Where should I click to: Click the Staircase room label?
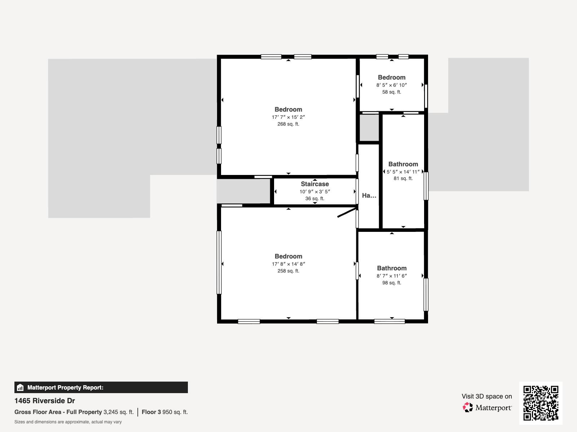point(315,184)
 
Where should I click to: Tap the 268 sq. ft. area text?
point(288,124)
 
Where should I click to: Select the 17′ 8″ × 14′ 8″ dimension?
point(288,264)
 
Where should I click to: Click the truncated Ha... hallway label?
point(369,195)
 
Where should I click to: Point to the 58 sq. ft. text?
point(392,92)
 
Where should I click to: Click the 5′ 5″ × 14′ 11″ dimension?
point(403,172)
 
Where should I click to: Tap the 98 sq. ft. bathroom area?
point(392,283)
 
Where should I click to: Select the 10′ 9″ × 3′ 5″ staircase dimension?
point(315,192)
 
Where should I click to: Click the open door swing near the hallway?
point(347,212)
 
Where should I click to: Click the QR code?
point(541,403)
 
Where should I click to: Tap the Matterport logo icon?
point(468,408)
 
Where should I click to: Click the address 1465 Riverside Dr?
point(45,401)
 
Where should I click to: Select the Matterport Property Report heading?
point(65,388)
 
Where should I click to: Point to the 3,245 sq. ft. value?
point(118,412)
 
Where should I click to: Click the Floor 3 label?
point(151,412)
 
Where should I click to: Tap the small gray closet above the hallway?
point(369,128)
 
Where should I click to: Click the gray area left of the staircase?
point(243,191)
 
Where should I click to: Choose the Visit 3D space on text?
point(486,396)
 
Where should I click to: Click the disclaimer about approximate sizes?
point(68,422)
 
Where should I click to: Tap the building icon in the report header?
point(20,388)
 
